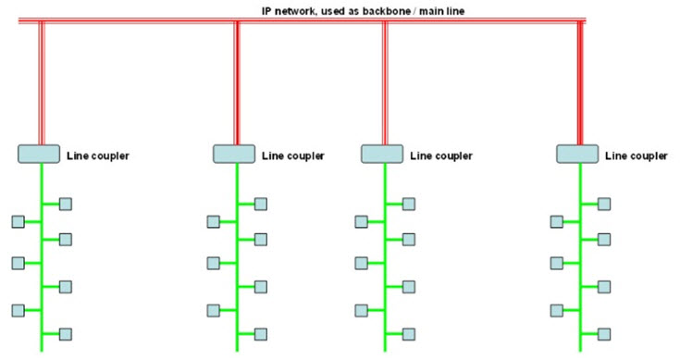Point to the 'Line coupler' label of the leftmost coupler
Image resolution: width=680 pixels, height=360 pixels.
98,155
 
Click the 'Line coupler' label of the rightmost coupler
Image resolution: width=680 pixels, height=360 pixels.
637,155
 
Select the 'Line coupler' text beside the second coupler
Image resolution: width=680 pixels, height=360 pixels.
293,155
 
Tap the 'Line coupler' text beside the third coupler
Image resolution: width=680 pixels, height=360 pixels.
441,155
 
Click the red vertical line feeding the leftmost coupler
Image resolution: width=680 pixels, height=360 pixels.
41,83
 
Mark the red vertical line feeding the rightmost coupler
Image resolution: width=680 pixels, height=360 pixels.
580,83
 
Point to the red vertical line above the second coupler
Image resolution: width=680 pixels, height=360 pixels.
237,83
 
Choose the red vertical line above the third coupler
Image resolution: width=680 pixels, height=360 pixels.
385,83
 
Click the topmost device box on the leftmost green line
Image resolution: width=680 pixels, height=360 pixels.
66,204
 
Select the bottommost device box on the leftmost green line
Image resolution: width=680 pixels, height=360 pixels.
66,332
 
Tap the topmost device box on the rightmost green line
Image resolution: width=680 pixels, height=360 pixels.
604,204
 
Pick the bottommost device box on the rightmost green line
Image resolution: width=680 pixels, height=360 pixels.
604,332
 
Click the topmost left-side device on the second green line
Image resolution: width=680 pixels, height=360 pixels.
213,221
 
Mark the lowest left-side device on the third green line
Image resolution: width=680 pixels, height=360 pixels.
361,309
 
